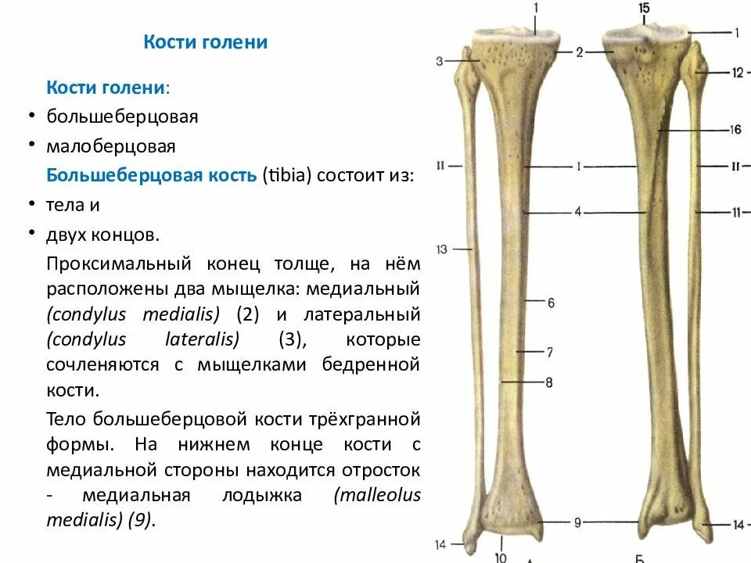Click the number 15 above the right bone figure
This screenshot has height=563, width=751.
click(x=644, y=8)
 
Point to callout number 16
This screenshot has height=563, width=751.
click(x=735, y=130)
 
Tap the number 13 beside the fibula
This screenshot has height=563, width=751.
click(x=441, y=249)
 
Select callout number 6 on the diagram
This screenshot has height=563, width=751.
click(x=551, y=303)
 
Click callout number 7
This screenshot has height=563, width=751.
click(x=550, y=353)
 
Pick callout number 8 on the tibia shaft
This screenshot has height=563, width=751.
click(x=549, y=382)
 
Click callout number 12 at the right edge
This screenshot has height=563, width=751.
click(x=737, y=73)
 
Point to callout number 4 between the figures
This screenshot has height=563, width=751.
click(x=578, y=212)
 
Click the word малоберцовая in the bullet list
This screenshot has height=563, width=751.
click(x=110, y=146)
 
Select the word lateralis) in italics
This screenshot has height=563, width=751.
click(x=202, y=339)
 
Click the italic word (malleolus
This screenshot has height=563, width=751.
click(x=376, y=494)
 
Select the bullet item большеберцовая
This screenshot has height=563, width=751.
click(x=122, y=117)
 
